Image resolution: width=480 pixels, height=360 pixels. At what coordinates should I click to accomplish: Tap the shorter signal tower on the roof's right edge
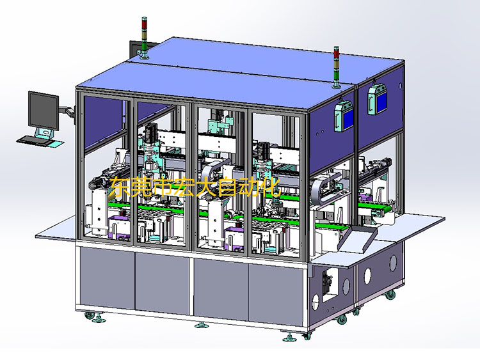(337, 67)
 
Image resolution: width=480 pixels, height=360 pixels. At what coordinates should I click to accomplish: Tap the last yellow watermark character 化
(269, 187)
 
